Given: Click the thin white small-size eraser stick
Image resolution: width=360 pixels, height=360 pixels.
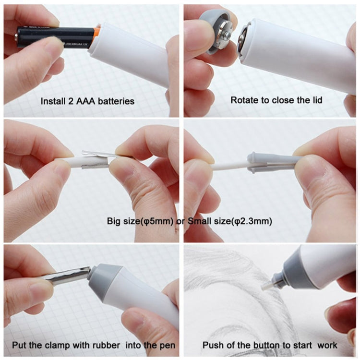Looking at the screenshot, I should [x=230, y=166].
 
